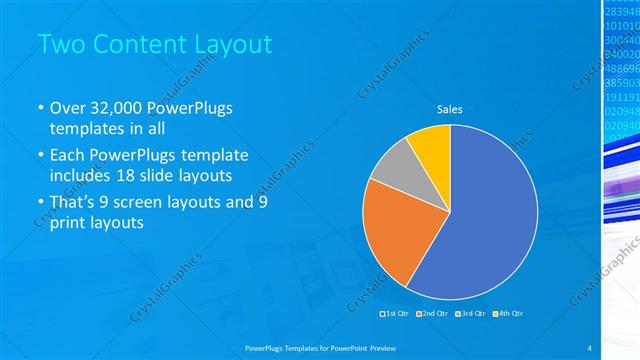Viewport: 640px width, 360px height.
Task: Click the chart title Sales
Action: [x=451, y=110]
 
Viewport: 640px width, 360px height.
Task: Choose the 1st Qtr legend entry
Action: [x=395, y=314]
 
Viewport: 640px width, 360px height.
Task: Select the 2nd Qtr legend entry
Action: [x=434, y=314]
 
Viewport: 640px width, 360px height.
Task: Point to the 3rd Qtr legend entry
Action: [x=472, y=314]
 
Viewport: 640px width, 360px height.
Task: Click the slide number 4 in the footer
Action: [x=590, y=346]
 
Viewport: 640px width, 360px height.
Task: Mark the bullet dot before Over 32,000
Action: [x=40, y=109]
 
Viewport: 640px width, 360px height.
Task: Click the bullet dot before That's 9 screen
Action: [x=40, y=202]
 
